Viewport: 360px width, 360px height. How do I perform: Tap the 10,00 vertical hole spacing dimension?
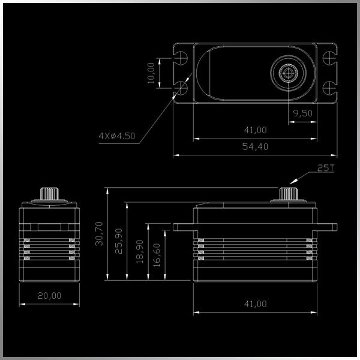[x=151, y=73]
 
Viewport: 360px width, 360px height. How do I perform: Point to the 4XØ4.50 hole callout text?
[x=117, y=136]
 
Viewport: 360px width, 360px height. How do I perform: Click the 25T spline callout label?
[x=325, y=169]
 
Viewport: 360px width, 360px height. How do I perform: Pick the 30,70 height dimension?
[x=100, y=233]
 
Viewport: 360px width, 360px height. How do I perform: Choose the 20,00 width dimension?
[x=49, y=295]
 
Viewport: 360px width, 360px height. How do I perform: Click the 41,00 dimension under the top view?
[x=255, y=130]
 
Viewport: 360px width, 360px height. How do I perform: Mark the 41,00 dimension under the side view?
[x=255, y=304]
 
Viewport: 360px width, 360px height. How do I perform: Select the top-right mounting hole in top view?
[x=328, y=59]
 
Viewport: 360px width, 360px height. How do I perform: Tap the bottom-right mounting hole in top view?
[x=328, y=88]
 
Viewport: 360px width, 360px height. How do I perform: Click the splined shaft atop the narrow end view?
[x=49, y=194]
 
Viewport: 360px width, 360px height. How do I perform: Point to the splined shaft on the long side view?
[x=289, y=194]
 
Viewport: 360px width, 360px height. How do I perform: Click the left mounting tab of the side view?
[x=183, y=227]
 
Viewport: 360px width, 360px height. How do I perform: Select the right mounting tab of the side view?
[x=327, y=227]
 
